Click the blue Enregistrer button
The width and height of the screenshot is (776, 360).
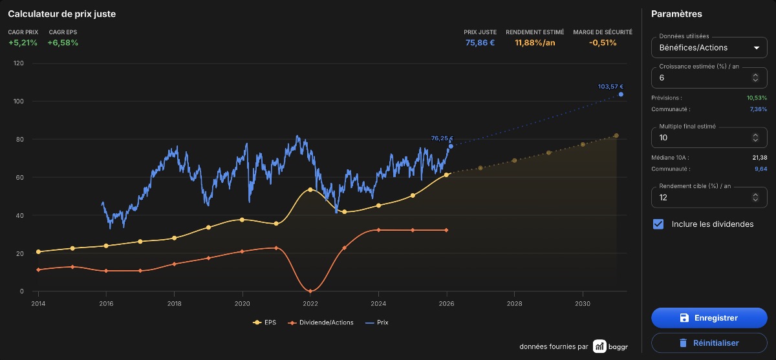pos(709,318)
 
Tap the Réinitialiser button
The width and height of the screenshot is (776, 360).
pos(709,343)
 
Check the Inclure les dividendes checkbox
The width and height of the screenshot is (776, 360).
pos(658,224)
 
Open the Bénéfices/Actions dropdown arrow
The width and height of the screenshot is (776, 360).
pos(757,48)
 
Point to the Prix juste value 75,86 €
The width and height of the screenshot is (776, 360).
pos(480,43)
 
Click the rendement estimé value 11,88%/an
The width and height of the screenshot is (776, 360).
pos(535,43)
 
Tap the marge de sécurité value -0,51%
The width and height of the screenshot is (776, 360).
pos(603,43)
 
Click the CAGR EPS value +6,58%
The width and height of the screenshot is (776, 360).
pos(63,43)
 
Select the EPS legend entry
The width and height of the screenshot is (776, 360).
pos(264,323)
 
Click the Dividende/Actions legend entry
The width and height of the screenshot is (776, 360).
pos(321,323)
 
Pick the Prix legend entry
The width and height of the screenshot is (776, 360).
pos(377,323)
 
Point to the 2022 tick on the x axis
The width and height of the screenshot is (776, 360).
pos(310,303)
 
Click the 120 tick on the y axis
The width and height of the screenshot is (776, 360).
pos(18,63)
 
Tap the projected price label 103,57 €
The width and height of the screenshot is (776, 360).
pos(610,87)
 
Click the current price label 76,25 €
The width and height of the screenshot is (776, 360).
pos(442,138)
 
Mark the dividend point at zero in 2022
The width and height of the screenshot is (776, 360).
pos(310,291)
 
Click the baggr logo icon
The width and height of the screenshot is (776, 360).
pos(599,346)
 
